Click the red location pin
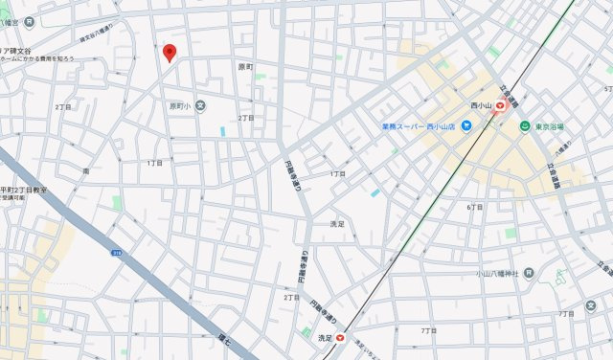coord(170,52)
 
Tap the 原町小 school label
coord(180,106)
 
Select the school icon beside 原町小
coord(200,106)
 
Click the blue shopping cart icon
coord(465,125)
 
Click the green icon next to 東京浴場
coord(525,125)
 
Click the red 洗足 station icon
coord(339,337)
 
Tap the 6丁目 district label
coord(474,207)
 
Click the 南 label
coord(87,170)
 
